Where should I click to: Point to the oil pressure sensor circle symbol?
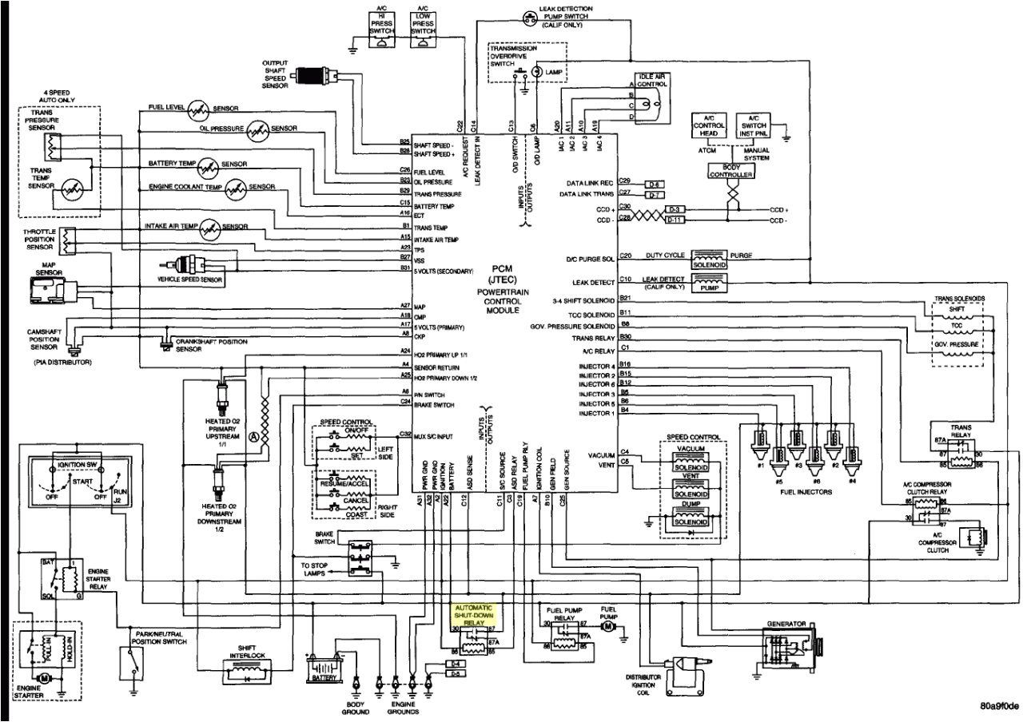point(258,131)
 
